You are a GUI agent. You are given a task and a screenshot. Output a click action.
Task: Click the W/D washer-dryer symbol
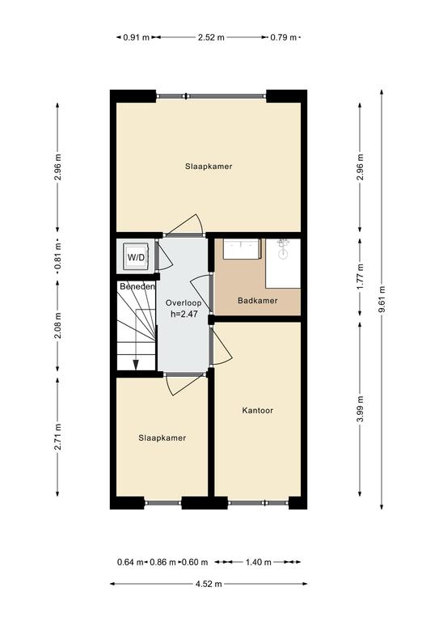136,257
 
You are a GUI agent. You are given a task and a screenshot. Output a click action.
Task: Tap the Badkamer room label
257,301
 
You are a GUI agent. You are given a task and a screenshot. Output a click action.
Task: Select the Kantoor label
257,410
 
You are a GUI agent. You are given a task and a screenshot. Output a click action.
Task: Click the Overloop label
184,303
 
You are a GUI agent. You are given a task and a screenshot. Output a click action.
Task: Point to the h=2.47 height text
184,315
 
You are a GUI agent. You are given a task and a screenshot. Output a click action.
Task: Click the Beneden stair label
137,286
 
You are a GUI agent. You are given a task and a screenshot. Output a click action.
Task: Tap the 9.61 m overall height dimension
382,299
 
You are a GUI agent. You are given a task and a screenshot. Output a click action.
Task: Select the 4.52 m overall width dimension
209,584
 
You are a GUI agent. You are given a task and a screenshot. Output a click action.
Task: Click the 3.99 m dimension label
360,409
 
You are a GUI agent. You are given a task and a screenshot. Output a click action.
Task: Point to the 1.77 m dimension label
360,277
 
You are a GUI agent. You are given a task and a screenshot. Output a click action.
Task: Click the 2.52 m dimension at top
211,38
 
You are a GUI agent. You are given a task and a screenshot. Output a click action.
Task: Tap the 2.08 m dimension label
57,326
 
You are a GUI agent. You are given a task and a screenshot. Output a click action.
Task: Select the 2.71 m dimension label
57,437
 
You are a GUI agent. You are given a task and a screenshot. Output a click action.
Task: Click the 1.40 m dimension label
259,562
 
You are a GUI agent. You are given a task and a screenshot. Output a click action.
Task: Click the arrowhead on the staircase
135,365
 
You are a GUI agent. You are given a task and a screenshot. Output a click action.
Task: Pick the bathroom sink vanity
242,249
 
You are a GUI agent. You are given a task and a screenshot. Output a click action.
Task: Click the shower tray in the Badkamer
283,264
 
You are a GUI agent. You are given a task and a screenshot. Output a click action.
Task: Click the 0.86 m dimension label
163,562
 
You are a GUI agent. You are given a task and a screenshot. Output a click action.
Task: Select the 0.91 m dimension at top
136,38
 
